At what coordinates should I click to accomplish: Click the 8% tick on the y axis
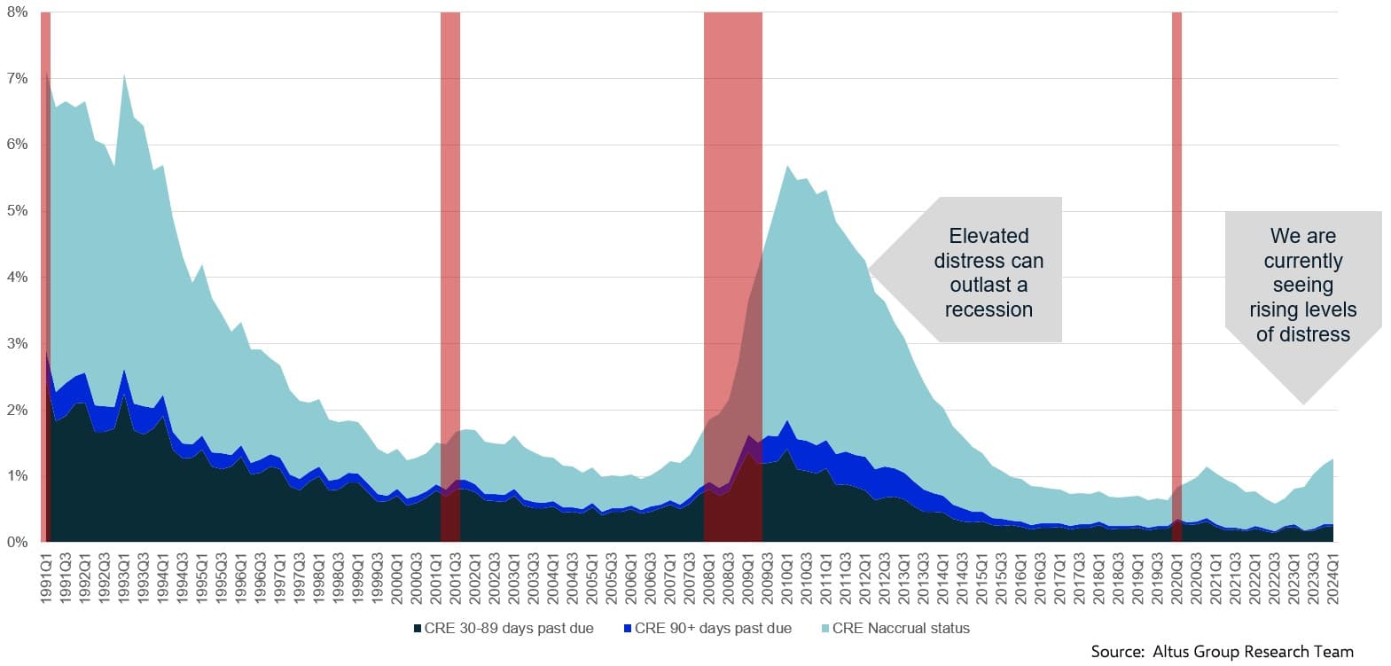(16, 12)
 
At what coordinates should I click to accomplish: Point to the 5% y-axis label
(16, 211)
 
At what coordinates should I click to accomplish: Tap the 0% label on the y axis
(16, 542)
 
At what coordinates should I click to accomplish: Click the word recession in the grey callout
(989, 309)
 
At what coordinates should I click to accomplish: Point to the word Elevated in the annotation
(989, 236)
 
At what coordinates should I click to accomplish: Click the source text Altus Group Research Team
(1253, 652)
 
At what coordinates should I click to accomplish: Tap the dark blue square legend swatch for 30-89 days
(417, 629)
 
